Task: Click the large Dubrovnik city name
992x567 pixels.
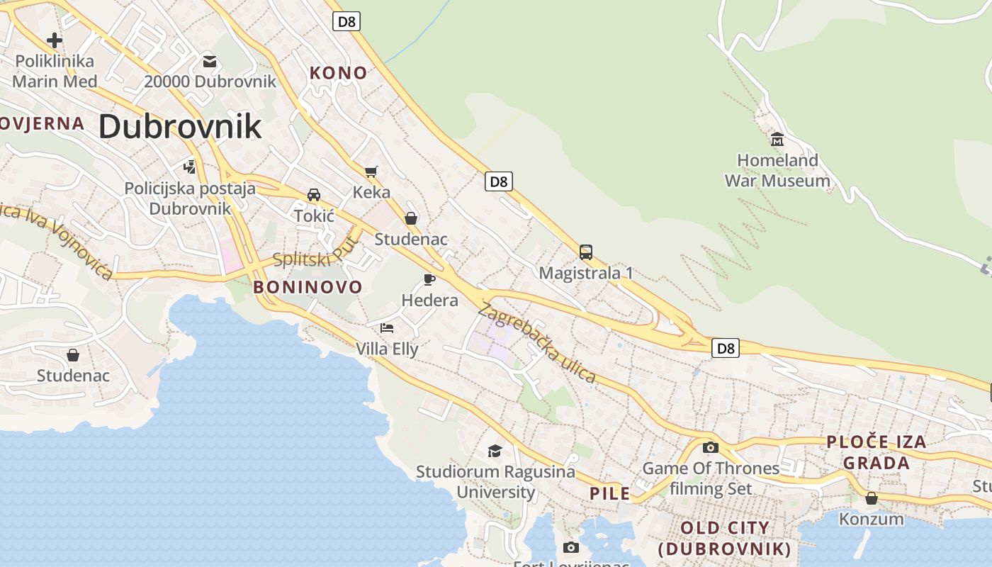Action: click(180, 126)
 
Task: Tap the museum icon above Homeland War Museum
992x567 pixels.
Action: click(777, 138)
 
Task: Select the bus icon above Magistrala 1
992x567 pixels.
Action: click(586, 252)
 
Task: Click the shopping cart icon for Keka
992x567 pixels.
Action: click(371, 172)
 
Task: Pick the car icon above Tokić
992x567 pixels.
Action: click(314, 195)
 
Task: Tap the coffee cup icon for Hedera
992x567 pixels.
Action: click(429, 279)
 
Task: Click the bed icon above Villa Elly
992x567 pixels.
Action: click(387, 327)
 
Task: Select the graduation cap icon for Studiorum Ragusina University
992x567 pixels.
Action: click(495, 451)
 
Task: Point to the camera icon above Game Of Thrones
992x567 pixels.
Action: click(711, 447)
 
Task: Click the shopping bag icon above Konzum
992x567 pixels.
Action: click(872, 498)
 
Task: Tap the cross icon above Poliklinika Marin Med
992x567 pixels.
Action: click(55, 40)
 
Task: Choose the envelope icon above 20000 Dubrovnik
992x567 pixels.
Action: click(210, 61)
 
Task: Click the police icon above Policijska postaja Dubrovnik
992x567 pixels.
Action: click(189, 167)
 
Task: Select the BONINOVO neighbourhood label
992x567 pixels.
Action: click(308, 287)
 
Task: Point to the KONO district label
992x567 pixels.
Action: click(339, 72)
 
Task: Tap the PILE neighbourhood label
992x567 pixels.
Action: click(610, 493)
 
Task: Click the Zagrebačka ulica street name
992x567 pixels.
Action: click(537, 342)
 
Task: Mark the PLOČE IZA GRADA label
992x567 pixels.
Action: click(877, 452)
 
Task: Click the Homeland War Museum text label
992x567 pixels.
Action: click(777, 171)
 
